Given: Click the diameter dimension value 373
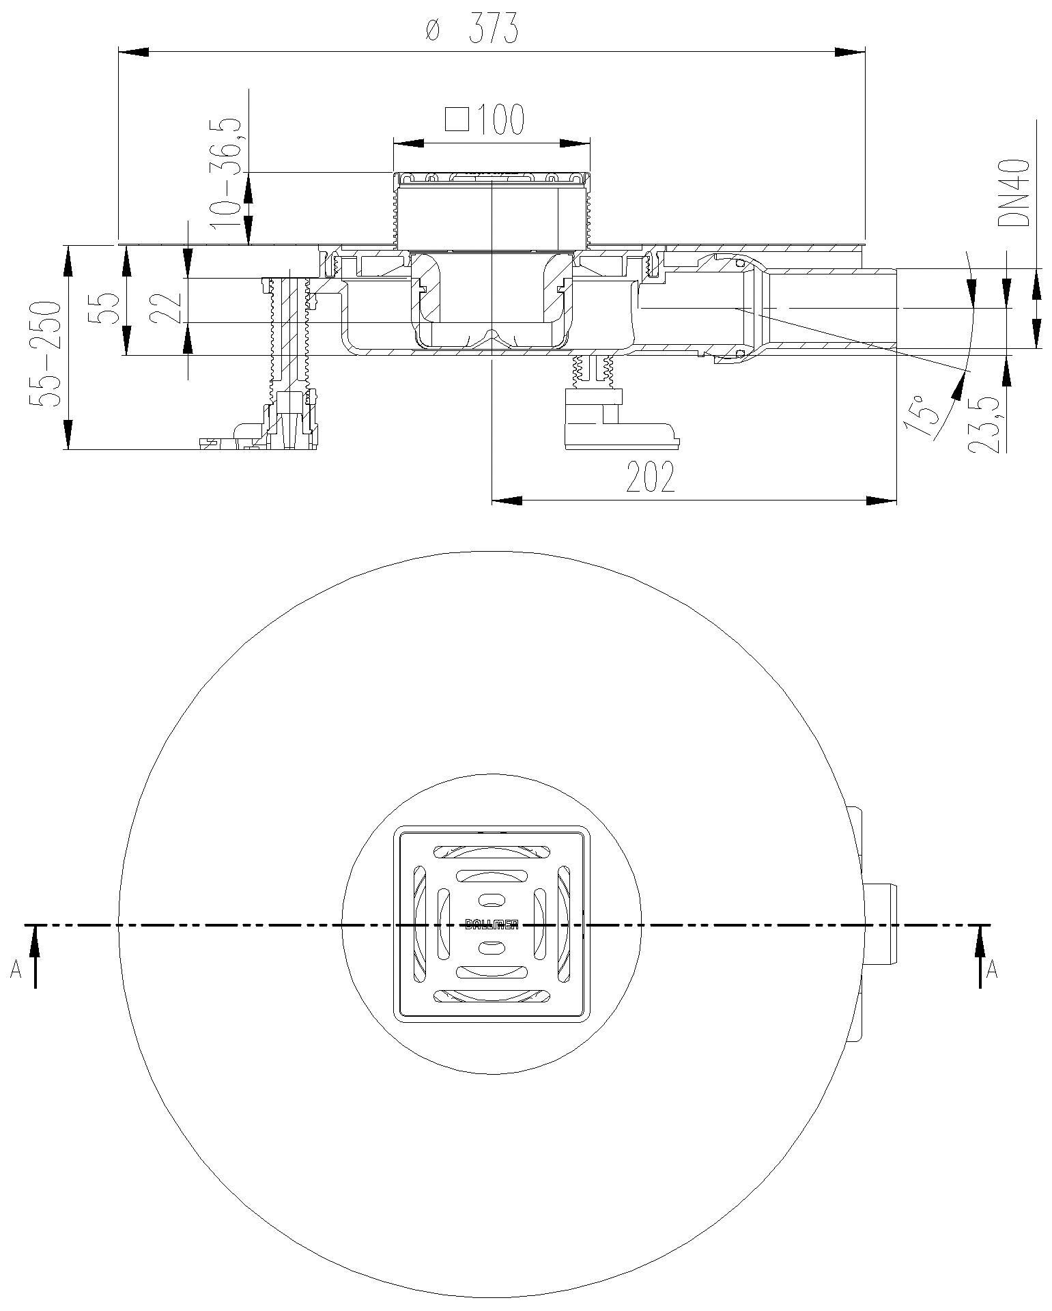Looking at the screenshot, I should tap(494, 31).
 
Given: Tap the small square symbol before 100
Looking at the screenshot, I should tap(457, 119).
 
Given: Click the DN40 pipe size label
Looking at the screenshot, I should tap(1013, 193).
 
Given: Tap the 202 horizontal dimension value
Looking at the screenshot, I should tap(651, 477).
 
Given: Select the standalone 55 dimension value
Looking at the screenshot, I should tap(106, 307).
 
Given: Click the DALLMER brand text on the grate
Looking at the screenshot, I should tap(492, 925).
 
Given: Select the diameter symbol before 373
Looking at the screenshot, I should tap(430, 31).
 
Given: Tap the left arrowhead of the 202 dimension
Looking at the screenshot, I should tap(506, 501).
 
